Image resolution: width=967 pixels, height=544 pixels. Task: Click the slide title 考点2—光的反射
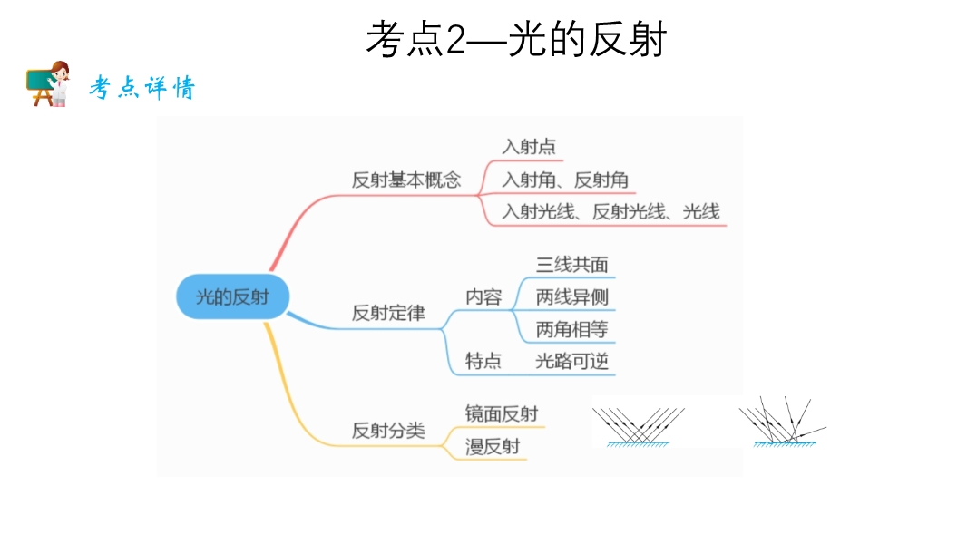point(516,40)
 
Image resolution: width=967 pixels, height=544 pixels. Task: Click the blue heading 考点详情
point(142,88)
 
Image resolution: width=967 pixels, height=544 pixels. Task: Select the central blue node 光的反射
point(232,296)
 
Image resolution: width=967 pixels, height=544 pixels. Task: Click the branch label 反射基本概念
point(406,180)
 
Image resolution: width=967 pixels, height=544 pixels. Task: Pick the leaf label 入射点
point(529,146)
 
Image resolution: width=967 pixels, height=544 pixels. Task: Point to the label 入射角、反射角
point(565,180)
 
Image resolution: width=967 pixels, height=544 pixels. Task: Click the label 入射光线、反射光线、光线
point(610,212)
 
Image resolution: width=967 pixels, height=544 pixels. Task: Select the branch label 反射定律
point(388,314)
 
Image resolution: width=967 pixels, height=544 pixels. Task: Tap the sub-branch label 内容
point(483,296)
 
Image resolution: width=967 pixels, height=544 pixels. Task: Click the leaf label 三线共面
point(571,265)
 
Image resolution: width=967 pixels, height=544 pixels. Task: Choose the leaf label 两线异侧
point(571,296)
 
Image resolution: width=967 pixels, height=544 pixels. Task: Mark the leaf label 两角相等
point(571,329)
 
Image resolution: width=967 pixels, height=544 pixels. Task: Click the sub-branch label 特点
point(483,361)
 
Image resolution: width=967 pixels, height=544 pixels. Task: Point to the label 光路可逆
point(571,361)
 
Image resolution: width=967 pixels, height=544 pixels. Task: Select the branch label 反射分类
point(388,431)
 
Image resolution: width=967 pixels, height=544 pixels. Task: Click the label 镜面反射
point(502,413)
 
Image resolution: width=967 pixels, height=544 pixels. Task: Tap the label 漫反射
point(493,446)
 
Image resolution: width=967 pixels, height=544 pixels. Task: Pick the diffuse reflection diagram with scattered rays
point(782,423)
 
